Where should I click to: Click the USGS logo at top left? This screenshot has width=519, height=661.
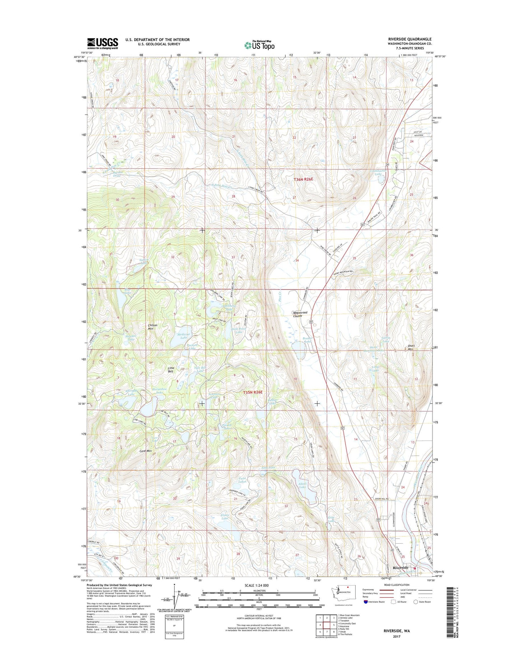(x=102, y=43)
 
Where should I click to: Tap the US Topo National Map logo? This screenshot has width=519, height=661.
(x=259, y=45)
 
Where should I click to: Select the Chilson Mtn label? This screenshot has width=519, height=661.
(x=153, y=327)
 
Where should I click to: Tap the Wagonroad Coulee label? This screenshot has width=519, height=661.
(x=300, y=314)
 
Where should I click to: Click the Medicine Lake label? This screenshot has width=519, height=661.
(x=182, y=336)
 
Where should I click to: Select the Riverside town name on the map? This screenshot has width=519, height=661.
(x=400, y=568)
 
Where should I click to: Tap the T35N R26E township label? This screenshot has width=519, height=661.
(x=253, y=393)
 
